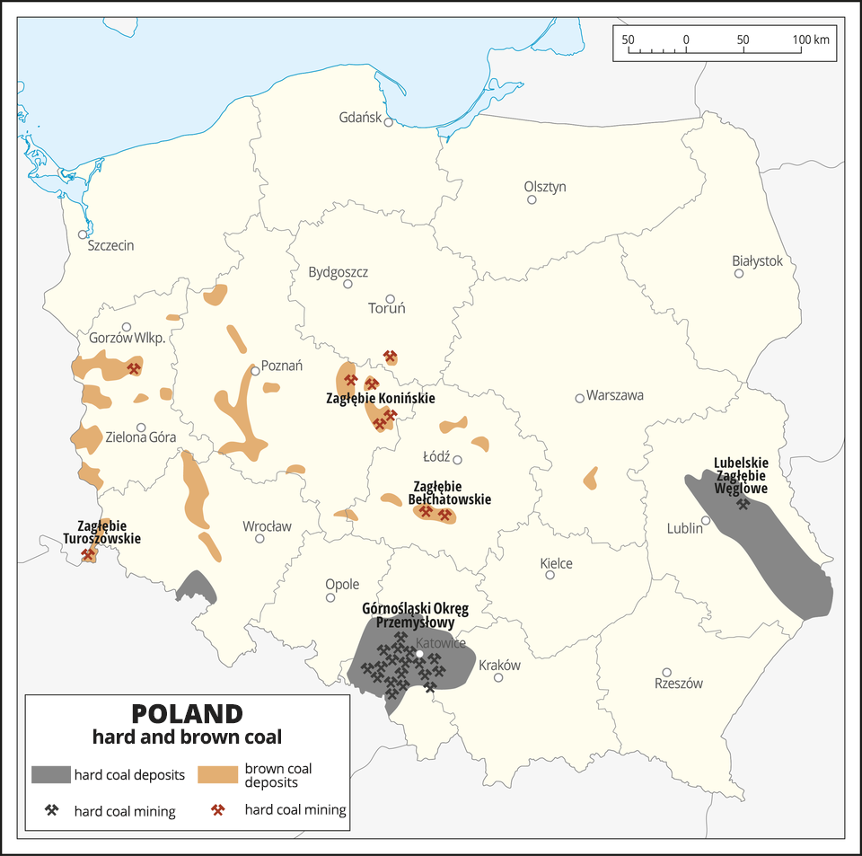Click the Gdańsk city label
tap(360, 118)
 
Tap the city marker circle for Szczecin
tap(83, 234)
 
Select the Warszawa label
tap(615, 396)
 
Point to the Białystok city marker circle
tap(739, 273)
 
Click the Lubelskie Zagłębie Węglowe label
tap(741, 476)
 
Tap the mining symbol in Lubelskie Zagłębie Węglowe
tap(743, 503)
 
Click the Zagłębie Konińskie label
tap(380, 398)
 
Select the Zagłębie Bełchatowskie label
tap(449, 493)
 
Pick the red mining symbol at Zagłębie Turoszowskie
tap(88, 554)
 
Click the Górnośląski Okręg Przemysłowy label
tap(415, 615)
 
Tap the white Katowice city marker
tap(418, 641)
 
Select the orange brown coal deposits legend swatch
tap(218, 774)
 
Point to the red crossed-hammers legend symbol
tap(217, 810)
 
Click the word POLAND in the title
tap(187, 713)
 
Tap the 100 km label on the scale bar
tap(810, 40)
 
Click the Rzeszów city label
tap(679, 684)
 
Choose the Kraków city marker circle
tap(498, 677)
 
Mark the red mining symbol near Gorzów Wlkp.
tap(134, 367)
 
